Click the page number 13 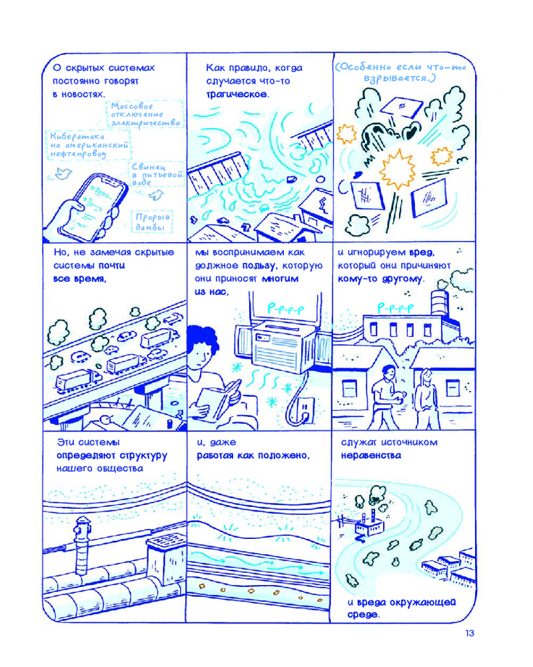469,633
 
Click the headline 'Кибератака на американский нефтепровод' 89,145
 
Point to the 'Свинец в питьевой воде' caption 157,174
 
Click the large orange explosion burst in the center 397,169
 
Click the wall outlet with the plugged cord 305,410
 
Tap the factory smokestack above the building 440,303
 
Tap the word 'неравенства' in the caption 371,456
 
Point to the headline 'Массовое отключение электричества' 145,115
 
